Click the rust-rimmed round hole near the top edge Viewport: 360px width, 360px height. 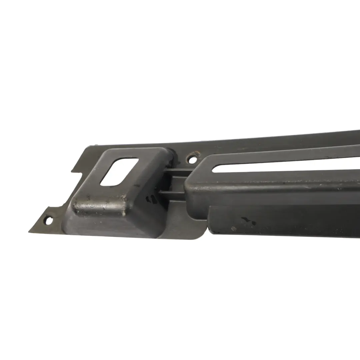click(192, 159)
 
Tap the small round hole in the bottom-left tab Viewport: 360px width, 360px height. click(49, 220)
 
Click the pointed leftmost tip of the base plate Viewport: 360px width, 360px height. click(29, 231)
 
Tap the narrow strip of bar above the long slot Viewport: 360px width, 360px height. click(283, 157)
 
